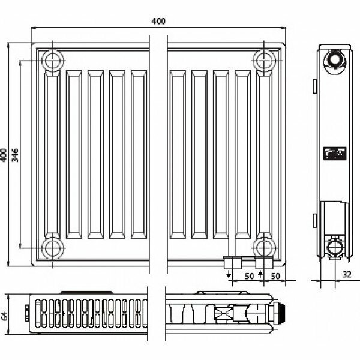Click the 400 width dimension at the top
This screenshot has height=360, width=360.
pyautogui.click(x=158, y=22)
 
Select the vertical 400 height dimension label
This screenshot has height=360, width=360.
pyautogui.click(x=5, y=154)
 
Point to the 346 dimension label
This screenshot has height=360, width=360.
pyautogui.click(x=14, y=154)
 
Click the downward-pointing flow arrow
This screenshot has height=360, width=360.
pyautogui.click(x=229, y=275)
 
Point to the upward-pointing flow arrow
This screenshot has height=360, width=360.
pyautogui.click(x=260, y=275)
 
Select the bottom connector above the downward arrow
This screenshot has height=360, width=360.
pyautogui.click(x=230, y=262)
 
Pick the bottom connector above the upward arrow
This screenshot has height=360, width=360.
pyautogui.click(x=262, y=262)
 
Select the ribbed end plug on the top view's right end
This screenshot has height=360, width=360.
pyautogui.click(x=278, y=314)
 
